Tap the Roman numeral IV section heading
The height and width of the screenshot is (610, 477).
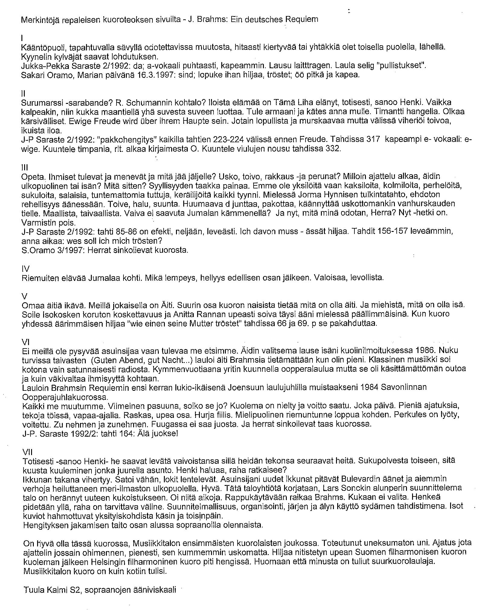tap(25, 268)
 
